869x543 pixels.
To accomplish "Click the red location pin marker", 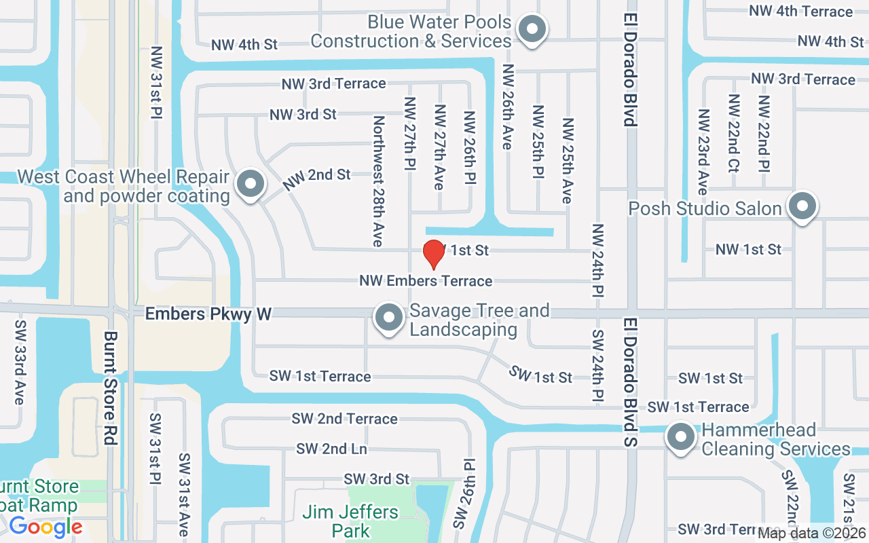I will click(x=433, y=254).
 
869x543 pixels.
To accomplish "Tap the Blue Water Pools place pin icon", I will click(x=532, y=30).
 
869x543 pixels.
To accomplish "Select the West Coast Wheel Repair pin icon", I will click(x=251, y=184).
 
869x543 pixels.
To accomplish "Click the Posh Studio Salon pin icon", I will click(x=802, y=206).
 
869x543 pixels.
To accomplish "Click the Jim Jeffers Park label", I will click(x=351, y=521).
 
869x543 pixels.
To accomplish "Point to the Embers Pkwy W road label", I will click(x=208, y=314).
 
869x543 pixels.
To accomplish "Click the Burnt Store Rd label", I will click(x=111, y=388).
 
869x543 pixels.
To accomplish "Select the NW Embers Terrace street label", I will click(x=426, y=281).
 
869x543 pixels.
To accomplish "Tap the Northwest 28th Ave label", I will click(x=378, y=181).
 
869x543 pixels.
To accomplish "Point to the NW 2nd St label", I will click(x=316, y=178).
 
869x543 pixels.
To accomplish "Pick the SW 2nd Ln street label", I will click(x=331, y=449).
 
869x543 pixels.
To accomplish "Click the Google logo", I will click(x=45, y=527).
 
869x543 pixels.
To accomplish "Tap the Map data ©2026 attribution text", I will click(x=812, y=533).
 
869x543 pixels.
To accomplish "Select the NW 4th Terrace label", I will click(x=800, y=11).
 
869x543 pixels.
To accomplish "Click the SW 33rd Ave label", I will click(x=19, y=362).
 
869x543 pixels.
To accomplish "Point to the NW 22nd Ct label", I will click(x=733, y=133).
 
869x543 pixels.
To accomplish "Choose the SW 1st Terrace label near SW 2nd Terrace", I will click(x=320, y=376).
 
